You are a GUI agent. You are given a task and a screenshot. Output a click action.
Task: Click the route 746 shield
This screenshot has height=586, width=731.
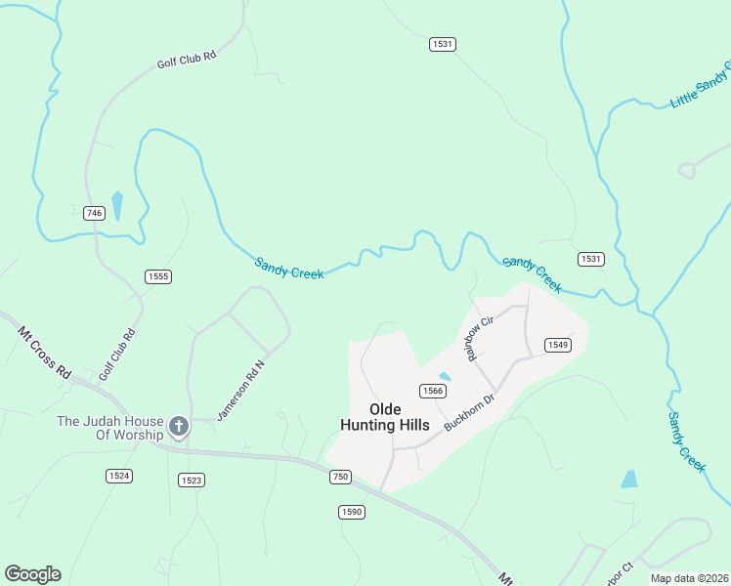click(94, 213)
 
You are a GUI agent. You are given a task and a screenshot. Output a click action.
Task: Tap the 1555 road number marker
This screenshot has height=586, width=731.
click(158, 276)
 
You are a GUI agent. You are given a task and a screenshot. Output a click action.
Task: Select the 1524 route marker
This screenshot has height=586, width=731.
click(119, 476)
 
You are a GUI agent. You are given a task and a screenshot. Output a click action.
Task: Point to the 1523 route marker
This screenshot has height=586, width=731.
click(191, 480)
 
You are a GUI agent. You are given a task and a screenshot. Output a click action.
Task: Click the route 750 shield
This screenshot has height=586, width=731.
click(340, 476)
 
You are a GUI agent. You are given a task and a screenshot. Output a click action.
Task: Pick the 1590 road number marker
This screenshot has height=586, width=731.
click(352, 512)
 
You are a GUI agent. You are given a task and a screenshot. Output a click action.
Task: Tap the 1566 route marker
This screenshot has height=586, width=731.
click(433, 391)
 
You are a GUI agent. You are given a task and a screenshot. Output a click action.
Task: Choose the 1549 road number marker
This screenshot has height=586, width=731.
click(558, 345)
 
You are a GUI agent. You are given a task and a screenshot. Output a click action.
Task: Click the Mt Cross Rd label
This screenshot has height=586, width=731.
click(46, 352)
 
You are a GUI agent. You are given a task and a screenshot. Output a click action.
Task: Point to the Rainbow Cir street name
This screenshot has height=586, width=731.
click(484, 337)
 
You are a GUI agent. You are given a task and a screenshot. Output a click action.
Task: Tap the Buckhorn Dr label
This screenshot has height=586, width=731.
click(471, 413)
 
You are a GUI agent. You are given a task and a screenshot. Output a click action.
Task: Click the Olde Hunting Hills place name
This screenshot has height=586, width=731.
click(384, 416)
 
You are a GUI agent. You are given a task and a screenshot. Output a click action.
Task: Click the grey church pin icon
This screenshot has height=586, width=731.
click(178, 426)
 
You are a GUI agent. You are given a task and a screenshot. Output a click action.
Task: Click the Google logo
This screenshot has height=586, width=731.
click(32, 574)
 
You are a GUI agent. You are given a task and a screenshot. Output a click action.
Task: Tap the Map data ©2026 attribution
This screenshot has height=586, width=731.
click(689, 578)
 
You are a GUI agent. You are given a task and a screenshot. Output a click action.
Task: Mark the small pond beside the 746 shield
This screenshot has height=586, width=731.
click(117, 206)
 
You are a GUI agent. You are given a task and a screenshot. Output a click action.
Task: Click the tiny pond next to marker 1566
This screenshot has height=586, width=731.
click(446, 376)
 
